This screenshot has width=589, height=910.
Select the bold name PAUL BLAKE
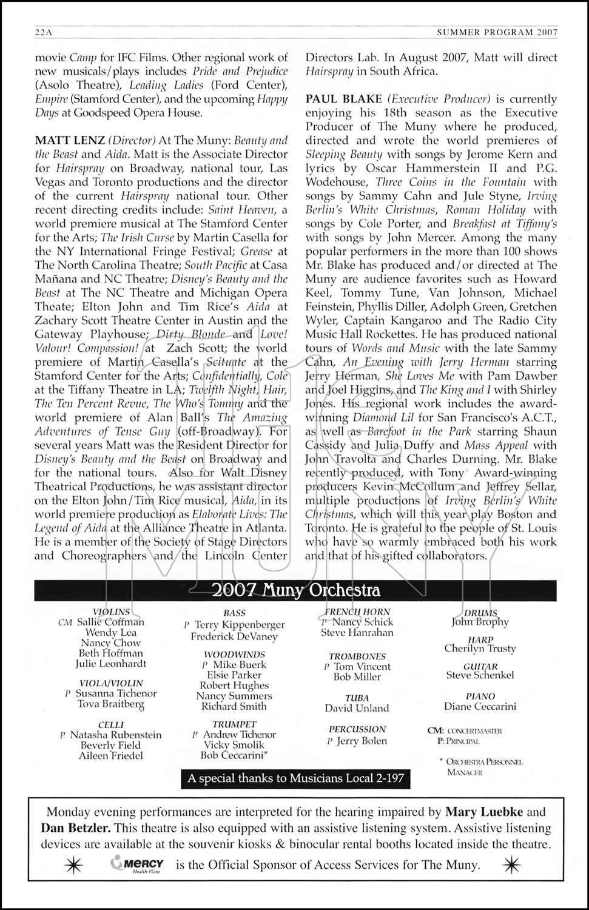pos(344,99)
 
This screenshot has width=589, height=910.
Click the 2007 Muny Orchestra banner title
pos(295,590)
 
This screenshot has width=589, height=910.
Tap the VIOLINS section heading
pos(111,612)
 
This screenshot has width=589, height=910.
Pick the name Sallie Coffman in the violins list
pos(110,622)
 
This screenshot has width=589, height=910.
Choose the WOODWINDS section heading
pos(234,655)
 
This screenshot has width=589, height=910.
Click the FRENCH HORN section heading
pos(357,612)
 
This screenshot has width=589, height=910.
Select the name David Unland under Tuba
pos(357,708)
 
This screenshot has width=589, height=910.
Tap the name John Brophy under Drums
pos(480,622)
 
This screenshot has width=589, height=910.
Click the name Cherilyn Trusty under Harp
pos(480,649)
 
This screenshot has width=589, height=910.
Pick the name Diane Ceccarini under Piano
pos(480,706)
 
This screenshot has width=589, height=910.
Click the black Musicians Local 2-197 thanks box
pos(295,779)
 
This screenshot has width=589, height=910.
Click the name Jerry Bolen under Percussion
pos(362,741)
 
